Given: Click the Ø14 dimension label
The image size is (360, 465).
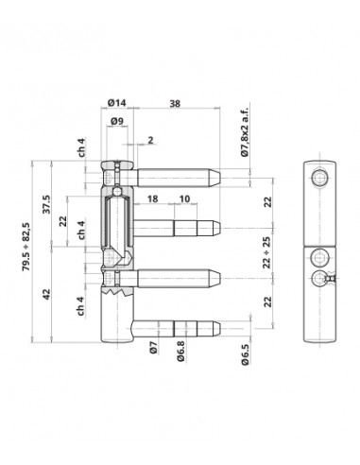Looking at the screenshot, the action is point(116,103).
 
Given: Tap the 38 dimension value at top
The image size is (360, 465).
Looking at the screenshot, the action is point(175,104).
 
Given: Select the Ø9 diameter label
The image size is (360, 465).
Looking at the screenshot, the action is point(117,121).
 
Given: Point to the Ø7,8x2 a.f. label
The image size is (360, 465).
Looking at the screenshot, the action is point(245,131).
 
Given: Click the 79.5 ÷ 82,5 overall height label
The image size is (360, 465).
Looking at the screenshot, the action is point(26,247).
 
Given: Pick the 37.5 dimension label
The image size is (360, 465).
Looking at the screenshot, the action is point(46,204).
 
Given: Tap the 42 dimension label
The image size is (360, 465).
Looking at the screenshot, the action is point(46,294).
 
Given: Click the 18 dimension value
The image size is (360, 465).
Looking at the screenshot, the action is point(152,198).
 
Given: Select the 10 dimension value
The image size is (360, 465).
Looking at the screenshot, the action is point(184,198).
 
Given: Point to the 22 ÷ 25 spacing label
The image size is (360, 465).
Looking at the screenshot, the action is point(267,252).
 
